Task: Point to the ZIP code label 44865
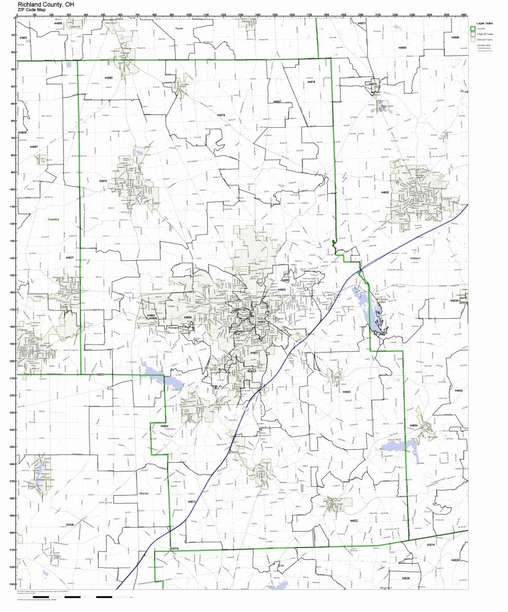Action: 108,78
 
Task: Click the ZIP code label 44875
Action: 102,181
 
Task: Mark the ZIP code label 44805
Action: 385,192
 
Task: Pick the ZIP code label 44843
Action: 346,391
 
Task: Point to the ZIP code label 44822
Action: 354,520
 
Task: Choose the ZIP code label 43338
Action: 69,524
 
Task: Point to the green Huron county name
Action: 179,29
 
